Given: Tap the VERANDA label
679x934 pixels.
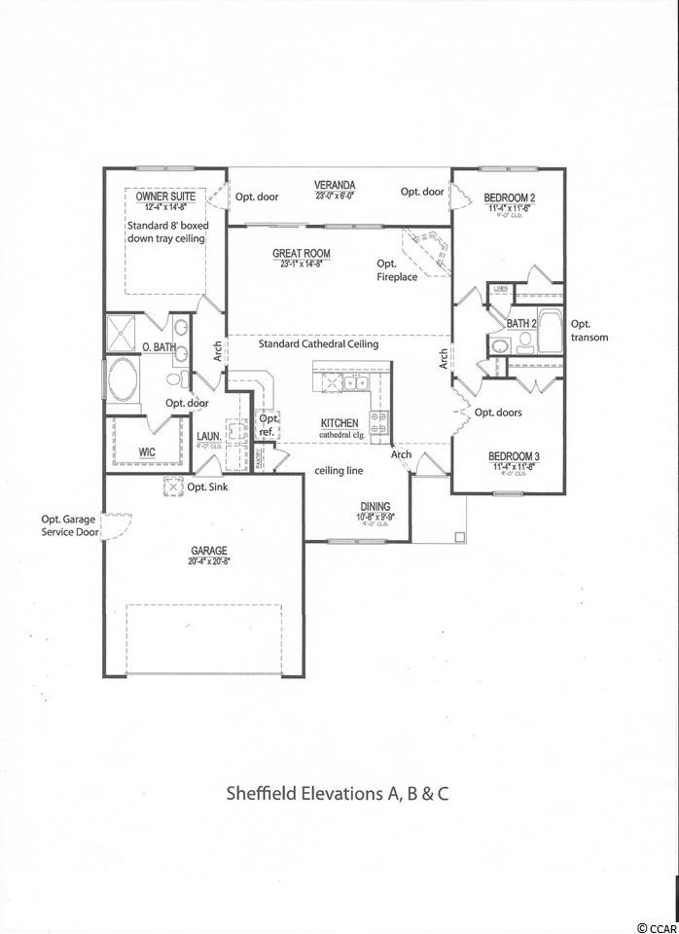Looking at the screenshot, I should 334,185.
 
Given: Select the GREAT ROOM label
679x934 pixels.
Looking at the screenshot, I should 301,254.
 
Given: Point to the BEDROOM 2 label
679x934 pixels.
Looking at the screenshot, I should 510,198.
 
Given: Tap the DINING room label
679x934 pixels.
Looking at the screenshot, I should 375,506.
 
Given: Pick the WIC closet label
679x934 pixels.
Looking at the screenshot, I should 146,451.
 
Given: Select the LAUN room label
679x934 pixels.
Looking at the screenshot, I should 207,437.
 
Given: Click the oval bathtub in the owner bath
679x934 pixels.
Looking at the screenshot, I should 124,381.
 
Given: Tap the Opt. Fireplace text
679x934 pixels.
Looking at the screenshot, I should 397,270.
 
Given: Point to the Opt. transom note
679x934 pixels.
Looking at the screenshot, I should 589,331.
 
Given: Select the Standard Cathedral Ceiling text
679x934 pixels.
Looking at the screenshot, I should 318,343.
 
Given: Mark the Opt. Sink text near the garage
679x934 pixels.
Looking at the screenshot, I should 207,486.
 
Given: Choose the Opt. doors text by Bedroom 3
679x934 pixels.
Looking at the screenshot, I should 498,412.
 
